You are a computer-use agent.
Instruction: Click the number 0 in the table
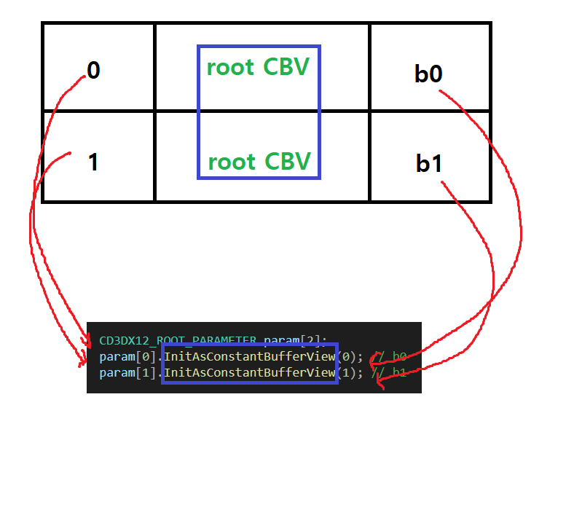click(x=93, y=71)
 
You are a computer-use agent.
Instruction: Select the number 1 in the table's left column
click(x=93, y=162)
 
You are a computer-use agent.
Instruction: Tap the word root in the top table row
click(x=230, y=67)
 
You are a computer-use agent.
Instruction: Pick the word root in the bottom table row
click(x=232, y=161)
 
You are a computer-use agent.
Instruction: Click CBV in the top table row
click(x=286, y=67)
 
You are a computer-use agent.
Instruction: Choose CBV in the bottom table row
click(x=288, y=161)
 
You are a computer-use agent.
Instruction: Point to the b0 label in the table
click(x=428, y=74)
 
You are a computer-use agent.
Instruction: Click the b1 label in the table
click(x=430, y=164)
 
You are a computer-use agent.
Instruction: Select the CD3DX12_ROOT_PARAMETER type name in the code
click(x=178, y=341)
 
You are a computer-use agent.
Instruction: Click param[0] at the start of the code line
click(x=128, y=357)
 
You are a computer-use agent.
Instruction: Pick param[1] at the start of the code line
click(x=128, y=373)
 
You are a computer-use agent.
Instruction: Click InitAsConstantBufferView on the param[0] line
click(x=249, y=357)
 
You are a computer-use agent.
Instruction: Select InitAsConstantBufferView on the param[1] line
click(x=249, y=373)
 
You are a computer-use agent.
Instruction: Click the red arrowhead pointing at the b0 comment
click(x=373, y=358)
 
